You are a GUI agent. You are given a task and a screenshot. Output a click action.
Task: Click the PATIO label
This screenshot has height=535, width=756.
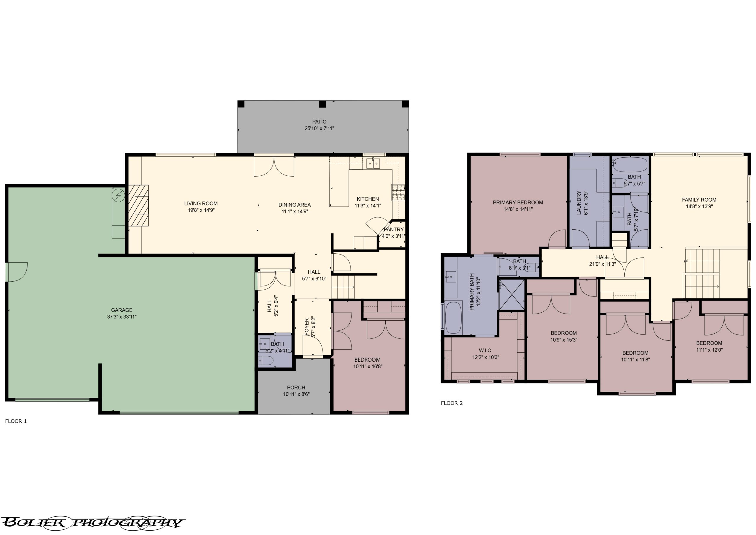point(319,122)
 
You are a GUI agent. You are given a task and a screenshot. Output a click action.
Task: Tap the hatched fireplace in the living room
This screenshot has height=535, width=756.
point(138,206)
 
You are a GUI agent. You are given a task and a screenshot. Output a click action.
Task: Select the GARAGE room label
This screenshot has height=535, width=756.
point(122,310)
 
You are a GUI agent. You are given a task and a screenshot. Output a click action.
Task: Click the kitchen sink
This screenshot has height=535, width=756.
point(374,163)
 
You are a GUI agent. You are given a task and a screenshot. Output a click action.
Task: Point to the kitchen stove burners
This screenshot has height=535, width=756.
point(398,193)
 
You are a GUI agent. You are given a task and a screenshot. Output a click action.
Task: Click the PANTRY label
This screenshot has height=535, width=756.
point(394,230)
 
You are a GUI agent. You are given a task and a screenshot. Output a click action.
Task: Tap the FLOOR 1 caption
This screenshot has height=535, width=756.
point(16,421)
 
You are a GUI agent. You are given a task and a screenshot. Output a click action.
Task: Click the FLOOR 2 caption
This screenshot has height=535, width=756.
point(452,403)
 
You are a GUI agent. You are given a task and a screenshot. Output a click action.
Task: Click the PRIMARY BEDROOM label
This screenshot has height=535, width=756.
point(518,203)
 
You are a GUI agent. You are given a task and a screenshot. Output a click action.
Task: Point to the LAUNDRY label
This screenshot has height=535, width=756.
point(579,203)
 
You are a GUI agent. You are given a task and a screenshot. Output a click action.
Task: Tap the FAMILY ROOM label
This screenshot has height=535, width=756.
point(699,200)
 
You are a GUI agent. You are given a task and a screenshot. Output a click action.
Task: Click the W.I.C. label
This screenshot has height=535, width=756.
point(485,350)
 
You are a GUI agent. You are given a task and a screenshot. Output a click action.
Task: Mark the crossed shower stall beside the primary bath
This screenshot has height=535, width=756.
point(511,294)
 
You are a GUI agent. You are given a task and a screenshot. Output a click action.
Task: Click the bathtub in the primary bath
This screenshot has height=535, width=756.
point(454,318)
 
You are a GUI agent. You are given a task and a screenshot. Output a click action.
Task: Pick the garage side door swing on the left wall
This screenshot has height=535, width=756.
point(16,272)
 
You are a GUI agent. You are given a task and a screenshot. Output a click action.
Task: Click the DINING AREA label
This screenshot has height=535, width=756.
point(294,205)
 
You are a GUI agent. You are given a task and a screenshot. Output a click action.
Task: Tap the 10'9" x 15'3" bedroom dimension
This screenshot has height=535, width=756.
point(564,340)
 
